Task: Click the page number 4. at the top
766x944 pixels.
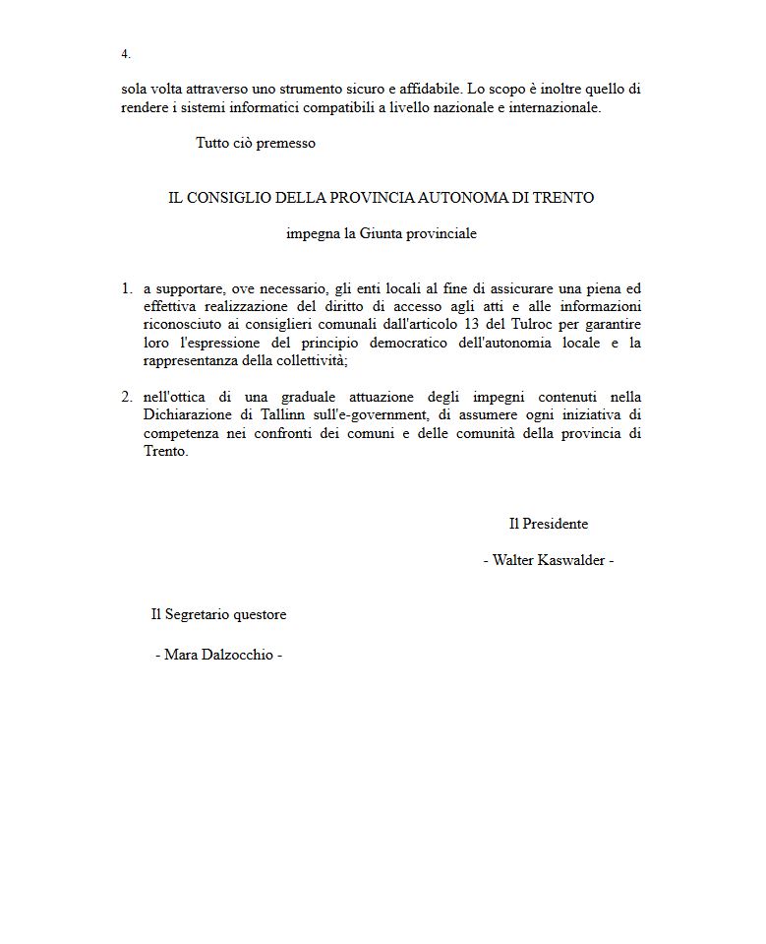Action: click(126, 54)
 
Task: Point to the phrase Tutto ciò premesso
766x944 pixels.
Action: click(256, 143)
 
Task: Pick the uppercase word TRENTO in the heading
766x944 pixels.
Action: click(564, 198)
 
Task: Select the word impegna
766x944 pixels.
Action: click(311, 234)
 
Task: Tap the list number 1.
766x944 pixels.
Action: click(127, 288)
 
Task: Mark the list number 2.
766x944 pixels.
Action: click(127, 397)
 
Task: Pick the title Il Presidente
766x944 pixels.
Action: click(548, 524)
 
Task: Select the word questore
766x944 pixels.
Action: click(259, 614)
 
